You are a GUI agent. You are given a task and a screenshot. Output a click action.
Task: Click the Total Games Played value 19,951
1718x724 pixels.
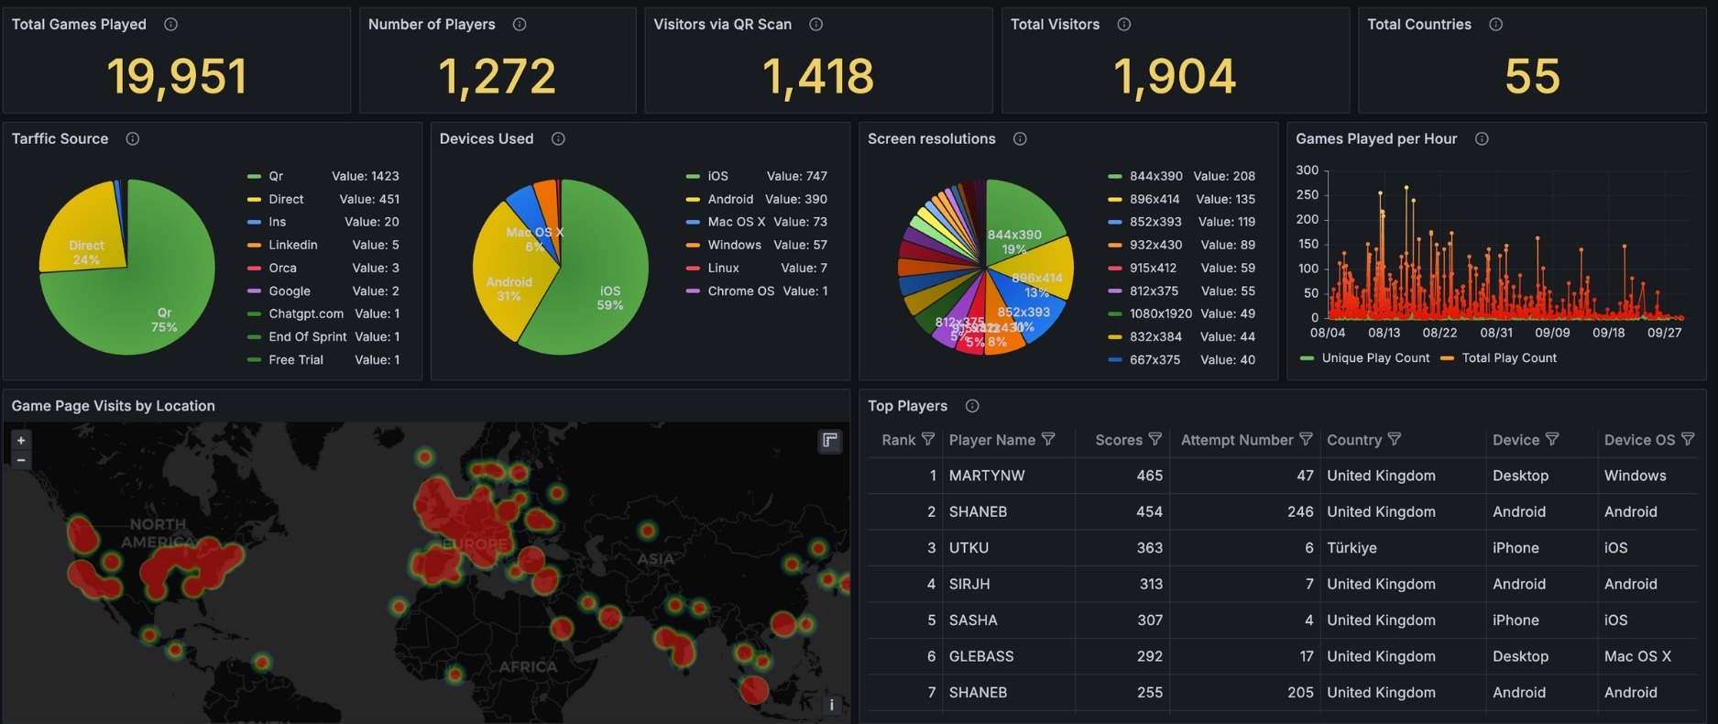177,76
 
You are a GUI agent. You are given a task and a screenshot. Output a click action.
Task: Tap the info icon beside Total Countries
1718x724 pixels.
1495,25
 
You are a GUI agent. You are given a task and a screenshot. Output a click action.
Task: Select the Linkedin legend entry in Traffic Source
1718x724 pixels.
292,245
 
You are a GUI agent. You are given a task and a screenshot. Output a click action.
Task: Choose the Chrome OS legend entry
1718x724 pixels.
740,291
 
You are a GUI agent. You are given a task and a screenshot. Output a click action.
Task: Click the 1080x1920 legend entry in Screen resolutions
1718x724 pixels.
1160,313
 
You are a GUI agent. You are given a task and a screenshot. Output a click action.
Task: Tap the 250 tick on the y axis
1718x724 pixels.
1307,194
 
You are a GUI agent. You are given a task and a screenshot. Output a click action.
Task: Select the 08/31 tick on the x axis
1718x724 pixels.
1495,333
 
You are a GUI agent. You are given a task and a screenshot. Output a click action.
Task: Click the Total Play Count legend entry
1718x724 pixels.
1508,358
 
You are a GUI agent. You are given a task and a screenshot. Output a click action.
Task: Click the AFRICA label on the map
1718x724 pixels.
528,666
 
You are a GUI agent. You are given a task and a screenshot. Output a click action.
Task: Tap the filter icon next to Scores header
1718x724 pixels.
1154,440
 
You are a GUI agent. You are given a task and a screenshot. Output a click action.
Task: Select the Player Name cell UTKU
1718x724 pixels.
968,548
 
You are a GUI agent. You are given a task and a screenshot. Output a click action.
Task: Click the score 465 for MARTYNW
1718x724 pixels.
1149,476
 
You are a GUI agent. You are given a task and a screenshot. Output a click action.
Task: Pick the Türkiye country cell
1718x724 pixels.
1351,548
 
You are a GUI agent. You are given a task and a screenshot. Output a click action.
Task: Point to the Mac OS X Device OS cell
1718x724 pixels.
1637,656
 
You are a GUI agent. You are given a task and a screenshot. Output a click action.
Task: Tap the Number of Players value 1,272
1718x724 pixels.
497,76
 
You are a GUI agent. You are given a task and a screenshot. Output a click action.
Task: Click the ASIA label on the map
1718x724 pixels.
655,558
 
